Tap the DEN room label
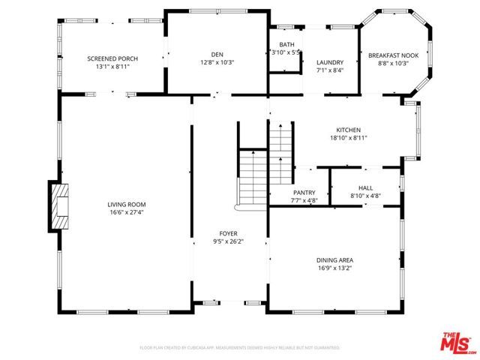(x=217, y=54)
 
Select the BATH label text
(x=286, y=45)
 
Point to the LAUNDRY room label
(x=330, y=62)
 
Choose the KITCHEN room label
(x=348, y=130)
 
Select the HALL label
(x=365, y=189)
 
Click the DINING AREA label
(x=334, y=260)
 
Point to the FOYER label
(x=229, y=233)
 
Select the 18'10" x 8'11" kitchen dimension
(x=348, y=138)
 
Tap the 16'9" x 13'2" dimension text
(x=334, y=268)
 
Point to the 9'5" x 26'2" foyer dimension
(x=229, y=241)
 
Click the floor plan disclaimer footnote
(x=240, y=348)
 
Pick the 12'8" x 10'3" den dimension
(x=217, y=62)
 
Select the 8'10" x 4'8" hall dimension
(x=365, y=196)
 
